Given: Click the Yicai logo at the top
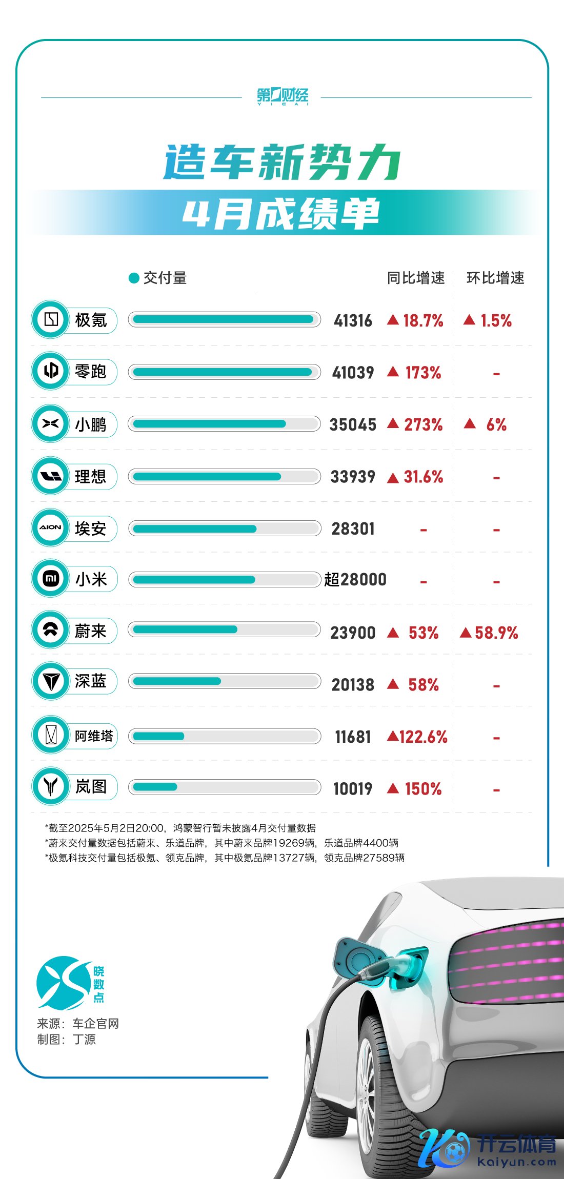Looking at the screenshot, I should tap(283, 96).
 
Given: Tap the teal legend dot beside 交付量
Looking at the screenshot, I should tap(134, 278).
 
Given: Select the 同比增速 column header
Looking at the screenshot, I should tap(415, 278).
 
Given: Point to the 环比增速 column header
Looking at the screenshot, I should tap(495, 278).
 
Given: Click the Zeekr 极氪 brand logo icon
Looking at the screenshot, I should tap(51, 319).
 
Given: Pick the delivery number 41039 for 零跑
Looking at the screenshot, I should tap(353, 373).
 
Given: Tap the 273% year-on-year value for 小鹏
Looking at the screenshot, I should tap(423, 424).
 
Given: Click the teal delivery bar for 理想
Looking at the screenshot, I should tap(207, 477).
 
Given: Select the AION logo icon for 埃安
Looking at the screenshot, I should tap(51, 527).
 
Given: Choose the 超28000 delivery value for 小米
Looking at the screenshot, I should tap(355, 580).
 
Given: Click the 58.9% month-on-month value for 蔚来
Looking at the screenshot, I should tap(496, 633).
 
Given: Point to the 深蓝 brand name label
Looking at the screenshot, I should tap(91, 681).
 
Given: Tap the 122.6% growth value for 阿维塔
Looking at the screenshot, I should tap(423, 737).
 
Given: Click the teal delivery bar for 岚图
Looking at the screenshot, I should tap(155, 787).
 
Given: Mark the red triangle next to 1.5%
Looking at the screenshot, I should tap(469, 320).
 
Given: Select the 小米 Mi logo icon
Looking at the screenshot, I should tap(51, 579).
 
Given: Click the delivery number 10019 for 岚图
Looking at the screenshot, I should tap(353, 789).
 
